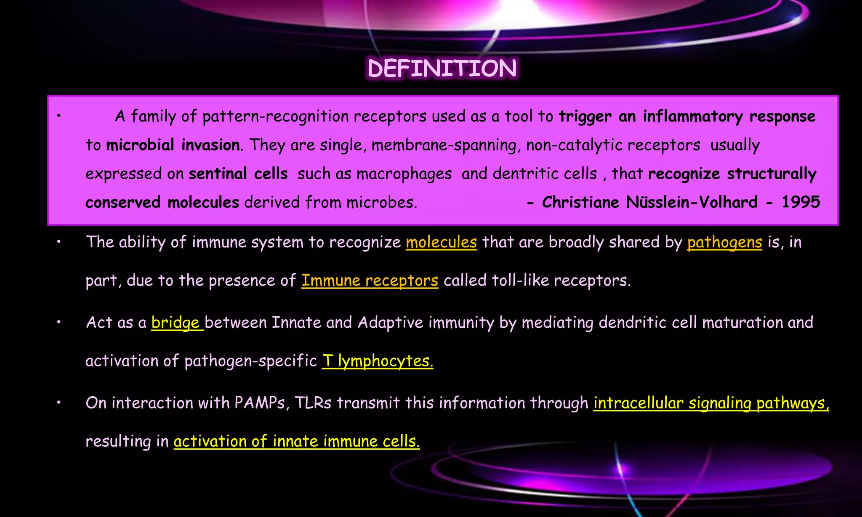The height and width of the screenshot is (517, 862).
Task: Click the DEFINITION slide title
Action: point(442,69)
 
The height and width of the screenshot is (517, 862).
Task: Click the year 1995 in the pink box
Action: point(801,202)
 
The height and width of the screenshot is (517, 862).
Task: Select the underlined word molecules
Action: point(441,242)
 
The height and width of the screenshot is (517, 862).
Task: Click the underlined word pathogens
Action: point(724,242)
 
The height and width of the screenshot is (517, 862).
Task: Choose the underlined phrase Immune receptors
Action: point(370,281)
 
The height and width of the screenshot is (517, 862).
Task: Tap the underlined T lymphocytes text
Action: point(377,361)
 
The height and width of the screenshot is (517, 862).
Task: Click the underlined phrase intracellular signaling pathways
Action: point(711,403)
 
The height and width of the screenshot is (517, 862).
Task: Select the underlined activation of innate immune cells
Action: point(296,441)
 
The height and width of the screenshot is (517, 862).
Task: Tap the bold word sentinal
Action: point(218,174)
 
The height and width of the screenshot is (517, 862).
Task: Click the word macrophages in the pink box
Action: point(404,174)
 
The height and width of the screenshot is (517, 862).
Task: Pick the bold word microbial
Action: point(140,145)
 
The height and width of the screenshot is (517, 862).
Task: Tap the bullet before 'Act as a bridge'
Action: point(59,323)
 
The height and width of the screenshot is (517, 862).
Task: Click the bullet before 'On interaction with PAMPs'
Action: point(59,403)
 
